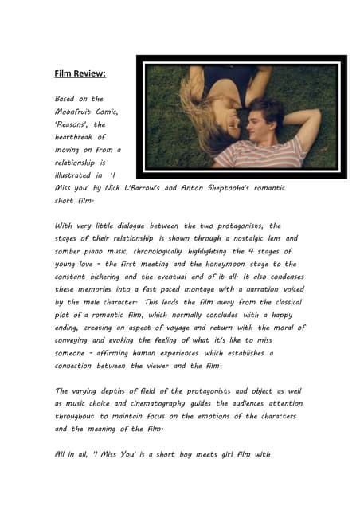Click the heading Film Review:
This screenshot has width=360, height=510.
click(80, 73)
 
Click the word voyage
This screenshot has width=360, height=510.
click(186, 328)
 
